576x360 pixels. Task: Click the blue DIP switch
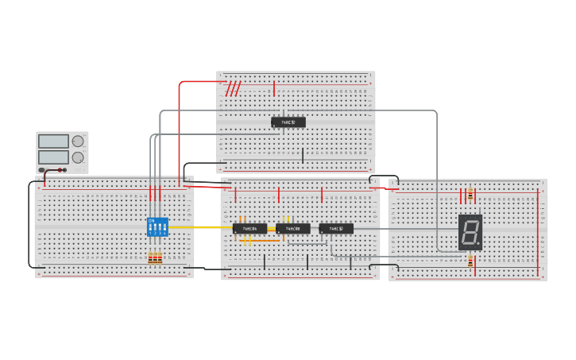click(157, 226)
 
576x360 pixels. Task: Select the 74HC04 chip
click(250, 229)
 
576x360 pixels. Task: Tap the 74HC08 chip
click(293, 229)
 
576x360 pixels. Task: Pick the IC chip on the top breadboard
click(288, 122)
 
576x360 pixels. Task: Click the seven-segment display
click(470, 232)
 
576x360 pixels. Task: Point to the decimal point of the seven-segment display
click(479, 245)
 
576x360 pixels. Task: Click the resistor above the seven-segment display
click(470, 195)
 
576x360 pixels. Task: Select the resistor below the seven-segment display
click(470, 261)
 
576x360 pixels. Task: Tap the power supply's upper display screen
click(53, 141)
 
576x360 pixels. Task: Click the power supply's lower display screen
click(53, 157)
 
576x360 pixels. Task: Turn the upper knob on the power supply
click(78, 141)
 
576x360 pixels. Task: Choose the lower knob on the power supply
click(78, 157)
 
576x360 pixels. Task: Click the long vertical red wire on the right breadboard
click(538, 230)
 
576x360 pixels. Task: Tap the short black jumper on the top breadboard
click(302, 156)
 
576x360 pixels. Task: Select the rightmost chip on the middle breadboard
click(336, 229)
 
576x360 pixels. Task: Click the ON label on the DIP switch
click(151, 220)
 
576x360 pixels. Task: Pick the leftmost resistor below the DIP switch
click(150, 257)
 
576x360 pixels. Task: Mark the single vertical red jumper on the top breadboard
click(274, 88)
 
